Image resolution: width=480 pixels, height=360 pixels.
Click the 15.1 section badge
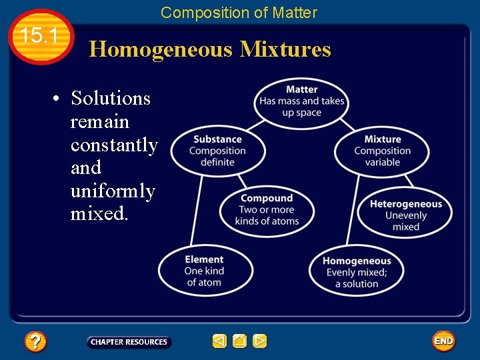41,37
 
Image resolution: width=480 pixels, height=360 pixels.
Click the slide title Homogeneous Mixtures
210,49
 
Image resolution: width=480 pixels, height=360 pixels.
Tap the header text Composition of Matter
239,12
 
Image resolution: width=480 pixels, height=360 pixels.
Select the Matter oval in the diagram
301,101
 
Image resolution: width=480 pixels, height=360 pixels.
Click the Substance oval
217,151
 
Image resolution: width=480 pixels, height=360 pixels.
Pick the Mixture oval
383,151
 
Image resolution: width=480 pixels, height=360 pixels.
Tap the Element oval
205,271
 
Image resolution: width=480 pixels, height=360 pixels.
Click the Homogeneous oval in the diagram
356,272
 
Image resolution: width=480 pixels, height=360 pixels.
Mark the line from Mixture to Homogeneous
352,209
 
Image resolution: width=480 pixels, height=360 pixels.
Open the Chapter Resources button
129,342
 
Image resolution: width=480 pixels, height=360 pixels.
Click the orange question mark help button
35,342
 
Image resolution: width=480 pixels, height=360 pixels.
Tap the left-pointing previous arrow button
219,341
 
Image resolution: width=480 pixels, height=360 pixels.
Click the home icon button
240,341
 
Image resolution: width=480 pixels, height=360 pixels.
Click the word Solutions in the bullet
111,99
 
